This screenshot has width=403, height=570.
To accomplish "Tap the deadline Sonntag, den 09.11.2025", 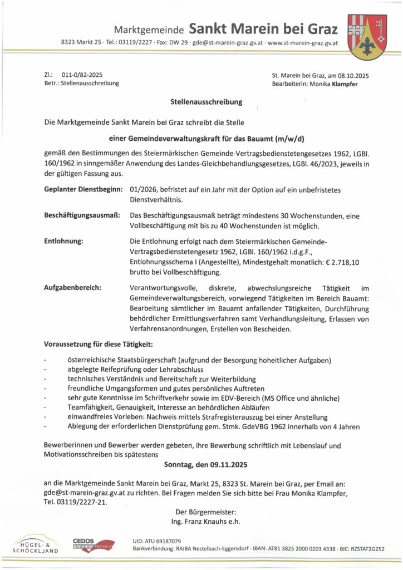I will pyautogui.click(x=205, y=464).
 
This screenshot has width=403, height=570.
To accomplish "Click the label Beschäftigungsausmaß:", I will pyautogui.click(x=82, y=215).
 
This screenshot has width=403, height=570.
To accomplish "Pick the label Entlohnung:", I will pyautogui.click(x=63, y=242).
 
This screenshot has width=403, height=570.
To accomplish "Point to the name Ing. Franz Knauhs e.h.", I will pyautogui.click(x=205, y=521).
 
